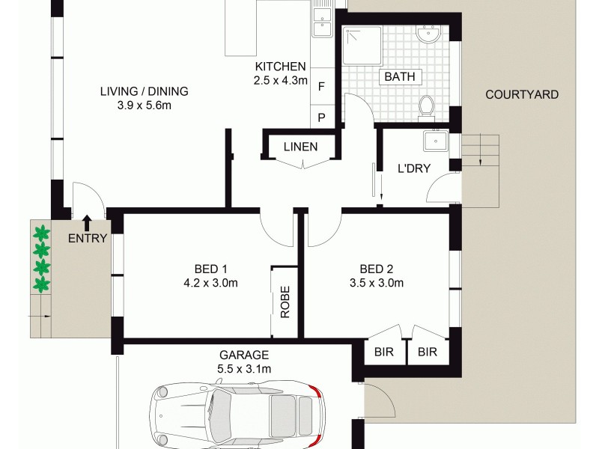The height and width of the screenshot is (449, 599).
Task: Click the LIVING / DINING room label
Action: click(x=145, y=92)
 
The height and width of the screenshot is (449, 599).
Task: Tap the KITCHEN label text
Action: click(x=280, y=66)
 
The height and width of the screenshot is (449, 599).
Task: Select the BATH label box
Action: click(x=401, y=76)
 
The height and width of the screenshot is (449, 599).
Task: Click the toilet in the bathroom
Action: click(x=427, y=107)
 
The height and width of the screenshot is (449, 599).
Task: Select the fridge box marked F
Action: click(x=321, y=87)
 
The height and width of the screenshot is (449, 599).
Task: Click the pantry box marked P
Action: click(x=321, y=117)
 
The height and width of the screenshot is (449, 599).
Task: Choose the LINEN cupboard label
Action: click(x=300, y=147)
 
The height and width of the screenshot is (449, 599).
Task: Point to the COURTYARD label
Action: click(x=522, y=94)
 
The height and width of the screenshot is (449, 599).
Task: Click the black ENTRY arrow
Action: click(x=87, y=222)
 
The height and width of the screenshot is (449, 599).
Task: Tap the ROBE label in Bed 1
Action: click(x=285, y=302)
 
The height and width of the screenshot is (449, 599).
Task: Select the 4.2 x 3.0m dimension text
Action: click(x=211, y=283)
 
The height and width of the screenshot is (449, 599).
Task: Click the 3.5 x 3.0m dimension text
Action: click(x=376, y=283)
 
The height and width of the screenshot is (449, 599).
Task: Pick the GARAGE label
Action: click(x=244, y=355)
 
